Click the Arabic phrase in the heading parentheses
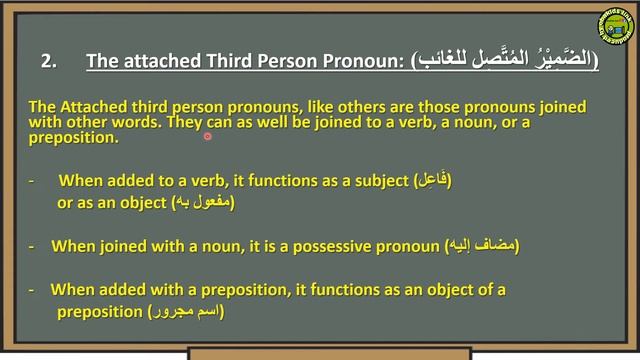[x=505, y=61]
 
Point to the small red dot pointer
[x=208, y=136]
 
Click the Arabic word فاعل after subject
[x=432, y=181]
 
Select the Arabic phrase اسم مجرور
[x=186, y=312]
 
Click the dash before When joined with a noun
[x=33, y=245]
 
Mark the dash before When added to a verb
[x=33, y=181]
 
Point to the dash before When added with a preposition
[x=33, y=290]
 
